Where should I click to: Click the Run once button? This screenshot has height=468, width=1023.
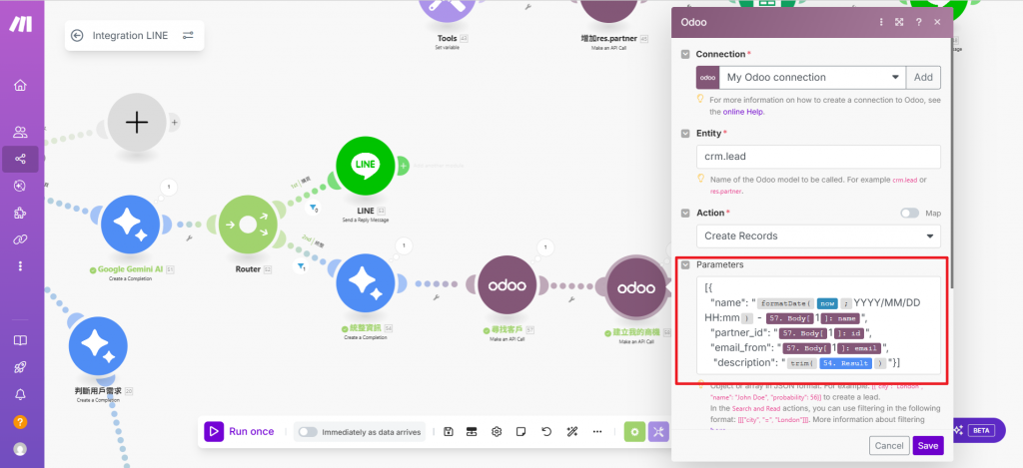[240, 431]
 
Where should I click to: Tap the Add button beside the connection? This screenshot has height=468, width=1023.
[923, 77]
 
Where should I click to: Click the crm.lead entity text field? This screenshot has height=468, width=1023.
[817, 157]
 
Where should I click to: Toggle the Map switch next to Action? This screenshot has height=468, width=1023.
[909, 213]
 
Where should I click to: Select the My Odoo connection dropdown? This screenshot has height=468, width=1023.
[800, 77]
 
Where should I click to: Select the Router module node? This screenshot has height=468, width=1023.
[246, 226]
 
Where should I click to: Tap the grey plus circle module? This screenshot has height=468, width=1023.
[137, 122]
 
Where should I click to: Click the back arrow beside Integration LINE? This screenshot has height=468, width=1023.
[77, 36]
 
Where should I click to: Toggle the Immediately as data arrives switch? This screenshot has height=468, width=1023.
[308, 432]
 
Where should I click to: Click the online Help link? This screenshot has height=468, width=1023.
[742, 112]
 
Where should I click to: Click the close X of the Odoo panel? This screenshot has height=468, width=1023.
[936, 21]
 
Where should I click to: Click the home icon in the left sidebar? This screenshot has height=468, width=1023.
[20, 85]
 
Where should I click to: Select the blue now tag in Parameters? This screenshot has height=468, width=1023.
[827, 302]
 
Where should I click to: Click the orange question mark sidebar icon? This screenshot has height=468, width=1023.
[20, 422]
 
